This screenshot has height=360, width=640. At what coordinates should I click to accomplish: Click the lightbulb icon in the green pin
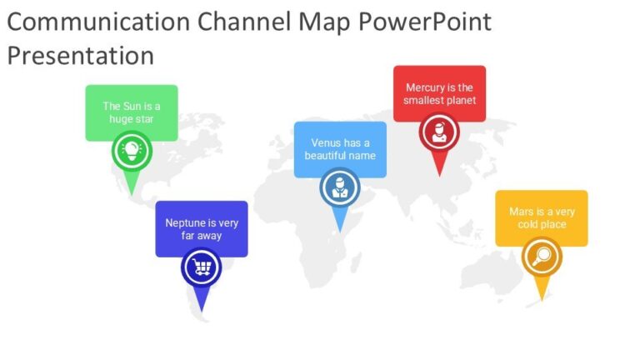click(x=131, y=151)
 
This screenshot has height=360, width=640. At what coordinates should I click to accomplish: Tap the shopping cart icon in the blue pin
click(x=202, y=267)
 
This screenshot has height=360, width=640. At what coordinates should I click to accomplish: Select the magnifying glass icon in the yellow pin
click(x=542, y=257)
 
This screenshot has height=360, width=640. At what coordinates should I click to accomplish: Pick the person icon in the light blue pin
click(x=340, y=187)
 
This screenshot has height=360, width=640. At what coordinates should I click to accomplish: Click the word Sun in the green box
click(x=132, y=106)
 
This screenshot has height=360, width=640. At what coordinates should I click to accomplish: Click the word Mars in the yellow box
click(x=522, y=212)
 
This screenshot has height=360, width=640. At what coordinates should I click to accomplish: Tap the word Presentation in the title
click(x=81, y=56)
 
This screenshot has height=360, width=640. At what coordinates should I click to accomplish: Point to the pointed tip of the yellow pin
click(x=542, y=300)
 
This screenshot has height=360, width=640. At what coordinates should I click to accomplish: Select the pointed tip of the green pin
click(x=131, y=196)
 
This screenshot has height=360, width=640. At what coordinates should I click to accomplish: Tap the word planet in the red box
click(x=461, y=101)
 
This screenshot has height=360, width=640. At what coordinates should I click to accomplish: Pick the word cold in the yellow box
click(x=528, y=224)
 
